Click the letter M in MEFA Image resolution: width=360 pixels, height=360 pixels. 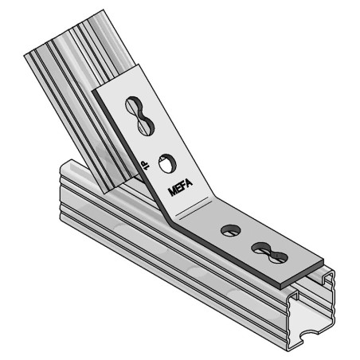pyautogui.click(x=173, y=187)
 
